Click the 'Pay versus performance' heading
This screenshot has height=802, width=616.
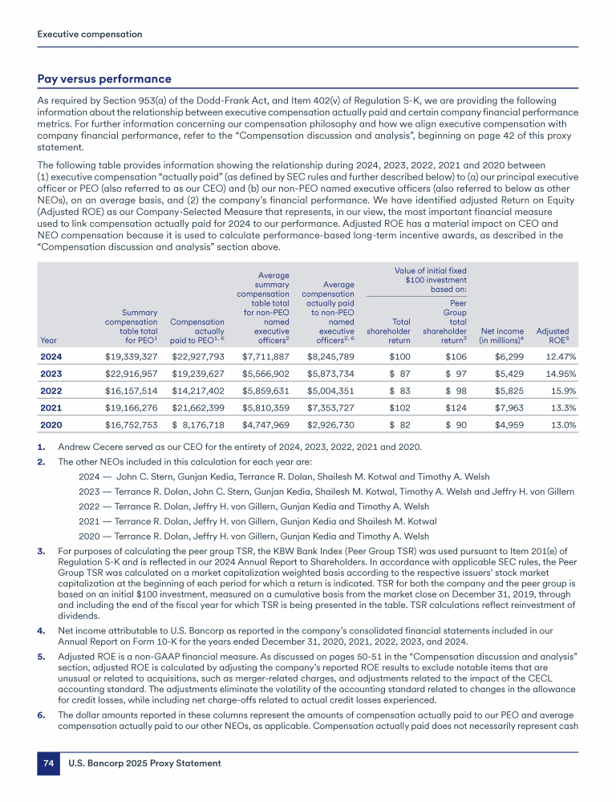click(x=104, y=79)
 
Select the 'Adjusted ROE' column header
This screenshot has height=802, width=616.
click(x=553, y=334)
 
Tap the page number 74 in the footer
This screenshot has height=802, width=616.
click(x=48, y=763)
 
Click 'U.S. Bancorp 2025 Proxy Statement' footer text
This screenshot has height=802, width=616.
click(x=145, y=763)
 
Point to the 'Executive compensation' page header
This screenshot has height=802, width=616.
click(x=90, y=34)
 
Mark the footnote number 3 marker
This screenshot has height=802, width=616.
click(x=41, y=552)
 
